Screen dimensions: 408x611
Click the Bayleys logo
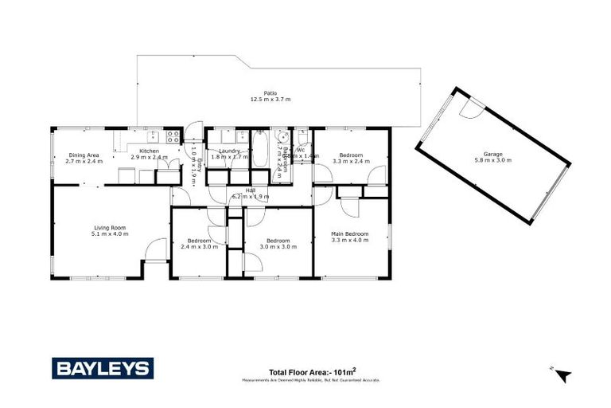(x=103, y=368)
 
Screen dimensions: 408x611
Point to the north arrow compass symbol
(x=563, y=375)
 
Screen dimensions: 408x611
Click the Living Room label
(x=110, y=230)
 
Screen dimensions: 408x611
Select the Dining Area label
(x=84, y=158)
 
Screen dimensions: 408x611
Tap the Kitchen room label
(x=149, y=154)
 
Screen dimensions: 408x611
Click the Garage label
(x=492, y=157)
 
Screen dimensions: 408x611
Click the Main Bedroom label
(x=350, y=237)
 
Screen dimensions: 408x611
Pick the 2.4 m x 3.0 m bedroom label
(x=199, y=243)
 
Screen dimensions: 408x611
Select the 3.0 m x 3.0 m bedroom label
(x=278, y=243)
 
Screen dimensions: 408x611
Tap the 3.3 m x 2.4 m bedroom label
(x=351, y=158)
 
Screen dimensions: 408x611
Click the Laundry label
(x=229, y=154)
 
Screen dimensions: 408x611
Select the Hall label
(x=249, y=194)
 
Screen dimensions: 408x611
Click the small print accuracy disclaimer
(x=311, y=380)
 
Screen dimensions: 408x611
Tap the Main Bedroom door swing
(x=348, y=206)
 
